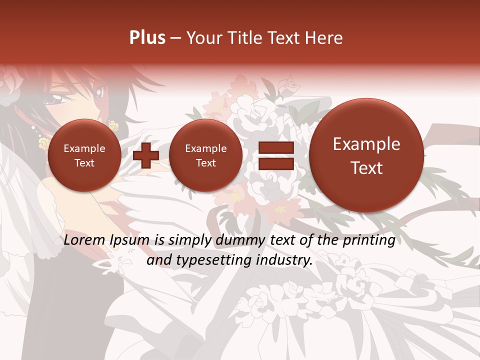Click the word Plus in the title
pos(147,37)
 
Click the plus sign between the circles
pos(145,155)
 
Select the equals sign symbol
pos(275,155)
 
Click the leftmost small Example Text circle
pos(84,155)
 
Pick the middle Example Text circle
pos(205,155)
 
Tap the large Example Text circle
pos(366,155)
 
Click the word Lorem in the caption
pos(85,240)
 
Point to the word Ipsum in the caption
pos(131,241)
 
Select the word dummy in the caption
pos(234,240)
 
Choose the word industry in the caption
pos(286,260)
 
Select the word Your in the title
pos(202,38)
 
